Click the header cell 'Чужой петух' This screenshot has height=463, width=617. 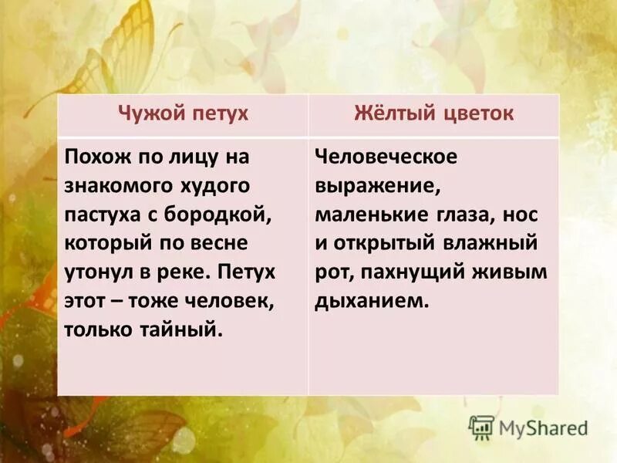[x=183, y=115]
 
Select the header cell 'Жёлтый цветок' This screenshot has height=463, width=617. [x=433, y=115]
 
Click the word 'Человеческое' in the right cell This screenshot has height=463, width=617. [x=386, y=157]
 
